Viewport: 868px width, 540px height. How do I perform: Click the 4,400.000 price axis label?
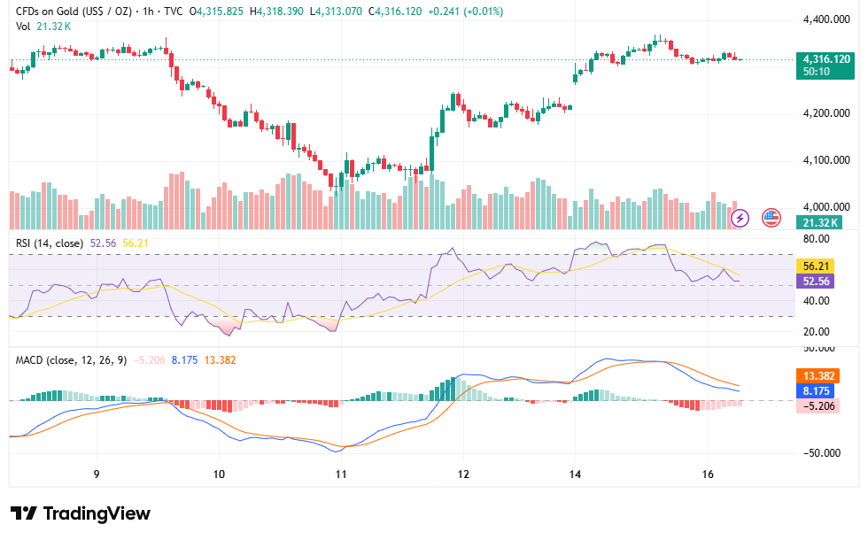[x=825, y=19]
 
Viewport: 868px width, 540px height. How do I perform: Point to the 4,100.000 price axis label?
[x=825, y=160]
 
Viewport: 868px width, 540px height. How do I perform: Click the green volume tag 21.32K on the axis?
[x=819, y=222]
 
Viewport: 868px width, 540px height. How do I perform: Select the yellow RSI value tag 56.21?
[x=816, y=266]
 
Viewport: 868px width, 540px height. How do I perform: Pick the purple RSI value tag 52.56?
[x=816, y=282]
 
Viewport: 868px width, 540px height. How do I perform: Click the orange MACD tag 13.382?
[x=818, y=376]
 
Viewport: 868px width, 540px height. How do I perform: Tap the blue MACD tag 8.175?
[x=816, y=391]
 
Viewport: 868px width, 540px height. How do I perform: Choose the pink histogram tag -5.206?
[x=818, y=406]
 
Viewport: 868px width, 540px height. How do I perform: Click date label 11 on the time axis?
[x=341, y=474]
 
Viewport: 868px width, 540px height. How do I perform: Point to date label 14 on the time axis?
[x=575, y=474]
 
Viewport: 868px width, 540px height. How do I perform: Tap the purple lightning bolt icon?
[x=740, y=218]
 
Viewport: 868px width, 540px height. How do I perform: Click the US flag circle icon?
[x=771, y=218]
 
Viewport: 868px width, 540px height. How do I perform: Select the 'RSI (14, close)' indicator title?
[x=50, y=243]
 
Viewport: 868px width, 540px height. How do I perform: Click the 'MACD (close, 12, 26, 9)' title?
[x=71, y=360]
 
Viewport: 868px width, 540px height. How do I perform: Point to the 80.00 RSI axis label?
[x=817, y=239]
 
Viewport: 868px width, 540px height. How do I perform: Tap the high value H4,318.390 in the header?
[x=276, y=11]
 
